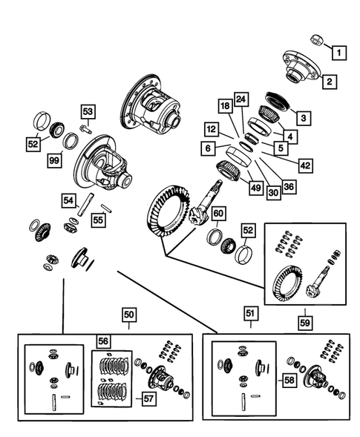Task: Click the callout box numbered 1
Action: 338,53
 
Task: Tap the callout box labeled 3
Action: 303,116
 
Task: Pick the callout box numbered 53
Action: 88,112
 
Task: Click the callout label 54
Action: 68,201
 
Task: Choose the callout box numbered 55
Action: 97,220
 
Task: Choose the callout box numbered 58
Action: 288,380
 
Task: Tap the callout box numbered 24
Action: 241,99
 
